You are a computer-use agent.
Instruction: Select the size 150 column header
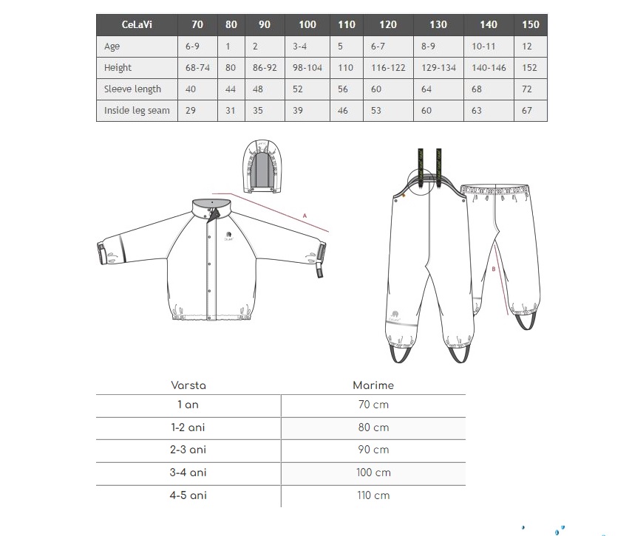tap(530, 24)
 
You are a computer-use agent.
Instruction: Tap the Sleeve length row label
tap(133, 89)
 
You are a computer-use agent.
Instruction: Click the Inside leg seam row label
tap(137, 111)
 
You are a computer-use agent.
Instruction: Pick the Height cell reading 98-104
tap(307, 68)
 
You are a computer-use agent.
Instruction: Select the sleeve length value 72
tap(526, 89)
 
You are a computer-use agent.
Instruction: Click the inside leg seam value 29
tap(192, 111)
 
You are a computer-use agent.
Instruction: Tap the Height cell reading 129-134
tap(438, 68)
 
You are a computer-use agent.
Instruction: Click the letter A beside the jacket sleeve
tap(305, 216)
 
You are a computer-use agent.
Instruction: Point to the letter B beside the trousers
tap(493, 269)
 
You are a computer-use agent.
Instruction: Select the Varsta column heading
tap(188, 385)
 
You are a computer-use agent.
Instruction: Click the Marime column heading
tap(373, 385)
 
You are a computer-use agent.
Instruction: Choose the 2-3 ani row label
tap(188, 450)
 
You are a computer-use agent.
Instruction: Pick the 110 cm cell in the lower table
tap(373, 495)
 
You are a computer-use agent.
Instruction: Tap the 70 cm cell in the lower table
tap(373, 405)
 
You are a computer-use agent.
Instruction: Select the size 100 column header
tap(307, 24)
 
